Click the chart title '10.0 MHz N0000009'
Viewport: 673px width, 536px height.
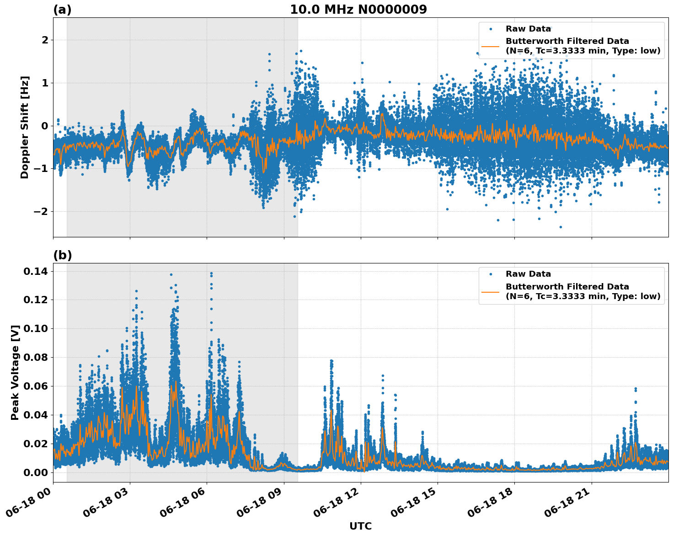point(358,10)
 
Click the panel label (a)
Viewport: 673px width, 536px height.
point(62,10)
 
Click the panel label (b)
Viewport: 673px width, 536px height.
point(62,255)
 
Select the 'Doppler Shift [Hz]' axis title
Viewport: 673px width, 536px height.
point(25,127)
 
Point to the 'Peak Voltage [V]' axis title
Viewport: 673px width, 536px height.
point(15,372)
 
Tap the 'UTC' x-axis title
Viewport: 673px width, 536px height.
point(360,526)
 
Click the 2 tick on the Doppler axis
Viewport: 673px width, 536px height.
point(45,40)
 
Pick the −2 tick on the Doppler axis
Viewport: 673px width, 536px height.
point(41,211)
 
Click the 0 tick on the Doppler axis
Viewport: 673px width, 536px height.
point(45,126)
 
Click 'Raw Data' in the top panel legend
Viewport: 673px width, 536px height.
point(528,29)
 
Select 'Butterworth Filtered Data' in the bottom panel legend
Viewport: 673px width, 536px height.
point(567,287)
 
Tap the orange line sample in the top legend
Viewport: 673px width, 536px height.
point(490,46)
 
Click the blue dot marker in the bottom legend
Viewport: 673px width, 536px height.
point(491,274)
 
